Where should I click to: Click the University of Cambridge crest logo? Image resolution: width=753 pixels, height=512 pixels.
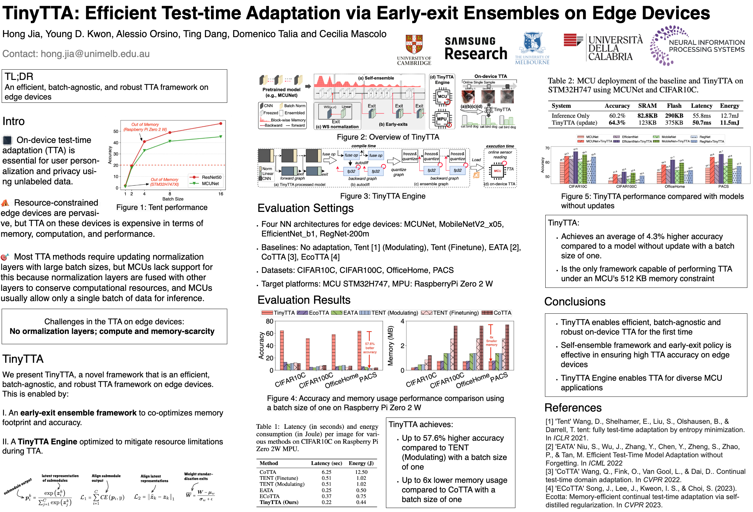[414, 45]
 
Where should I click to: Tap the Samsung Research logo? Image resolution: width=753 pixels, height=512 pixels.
[476, 49]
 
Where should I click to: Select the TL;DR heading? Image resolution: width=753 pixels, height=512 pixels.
[19, 77]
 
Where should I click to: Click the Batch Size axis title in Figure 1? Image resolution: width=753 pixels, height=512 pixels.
[173, 199]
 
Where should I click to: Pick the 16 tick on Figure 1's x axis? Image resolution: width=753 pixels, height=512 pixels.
[221, 194]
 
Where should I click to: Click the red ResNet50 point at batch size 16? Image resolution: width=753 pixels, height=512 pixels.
[221, 124]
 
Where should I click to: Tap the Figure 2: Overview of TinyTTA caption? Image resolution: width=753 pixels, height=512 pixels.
[388, 137]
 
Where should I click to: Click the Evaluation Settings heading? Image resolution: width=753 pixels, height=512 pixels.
[305, 208]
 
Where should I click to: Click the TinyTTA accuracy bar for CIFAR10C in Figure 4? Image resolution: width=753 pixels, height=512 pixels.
[282, 350]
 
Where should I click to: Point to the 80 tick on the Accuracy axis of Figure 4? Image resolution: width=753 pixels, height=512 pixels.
[269, 321]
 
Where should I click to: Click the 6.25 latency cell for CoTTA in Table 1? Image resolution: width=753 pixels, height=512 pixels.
[326, 472]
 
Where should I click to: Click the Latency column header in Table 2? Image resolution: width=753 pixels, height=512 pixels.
[701, 106]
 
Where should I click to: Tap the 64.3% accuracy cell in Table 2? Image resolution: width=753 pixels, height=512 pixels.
[617, 123]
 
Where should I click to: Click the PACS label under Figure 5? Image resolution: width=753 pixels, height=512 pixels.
[723, 186]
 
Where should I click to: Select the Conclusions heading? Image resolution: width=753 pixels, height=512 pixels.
[575, 301]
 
